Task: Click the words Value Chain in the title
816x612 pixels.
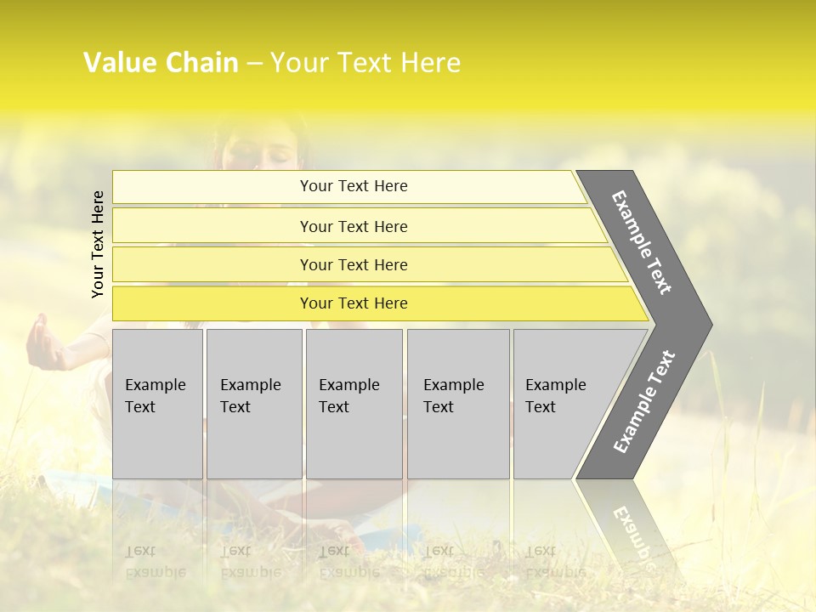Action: [x=161, y=63]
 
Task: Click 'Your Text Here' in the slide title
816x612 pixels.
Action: [x=365, y=63]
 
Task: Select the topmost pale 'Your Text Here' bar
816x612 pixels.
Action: [x=354, y=186]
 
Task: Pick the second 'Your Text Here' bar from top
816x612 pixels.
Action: [x=354, y=226]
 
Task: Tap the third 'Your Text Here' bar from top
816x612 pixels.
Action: [x=354, y=264]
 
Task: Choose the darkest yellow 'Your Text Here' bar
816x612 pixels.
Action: [x=354, y=303]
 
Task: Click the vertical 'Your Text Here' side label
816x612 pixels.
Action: [x=99, y=244]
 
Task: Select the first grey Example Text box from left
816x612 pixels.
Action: [x=157, y=404]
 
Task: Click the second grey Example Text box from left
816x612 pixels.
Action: [x=254, y=404]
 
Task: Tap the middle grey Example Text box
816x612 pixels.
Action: [x=354, y=404]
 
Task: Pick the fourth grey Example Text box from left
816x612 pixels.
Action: [x=458, y=404]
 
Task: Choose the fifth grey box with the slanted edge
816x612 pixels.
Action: [x=561, y=404]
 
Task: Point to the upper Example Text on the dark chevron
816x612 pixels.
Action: [x=642, y=242]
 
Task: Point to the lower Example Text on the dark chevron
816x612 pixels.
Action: [x=643, y=402]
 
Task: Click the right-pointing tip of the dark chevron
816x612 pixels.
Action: [x=707, y=324]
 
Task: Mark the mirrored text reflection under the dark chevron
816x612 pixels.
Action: [x=632, y=531]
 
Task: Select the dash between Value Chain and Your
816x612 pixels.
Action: [x=254, y=64]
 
